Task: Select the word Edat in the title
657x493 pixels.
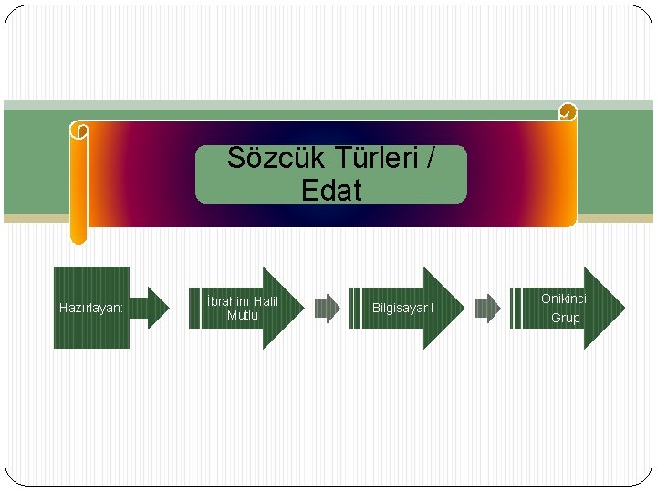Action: [330, 191]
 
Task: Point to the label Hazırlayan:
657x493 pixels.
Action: [91, 309]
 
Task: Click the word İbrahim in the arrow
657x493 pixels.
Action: [229, 301]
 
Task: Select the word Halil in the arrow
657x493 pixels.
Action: [266, 301]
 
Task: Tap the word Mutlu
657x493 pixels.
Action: [243, 316]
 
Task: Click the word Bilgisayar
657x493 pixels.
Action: [399, 309]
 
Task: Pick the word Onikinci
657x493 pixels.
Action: [564, 299]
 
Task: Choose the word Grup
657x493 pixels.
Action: [565, 318]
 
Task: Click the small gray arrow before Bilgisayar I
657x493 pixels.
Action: [326, 309]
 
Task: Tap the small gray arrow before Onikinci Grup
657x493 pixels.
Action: [487, 309]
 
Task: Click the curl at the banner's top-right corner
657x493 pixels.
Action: [568, 112]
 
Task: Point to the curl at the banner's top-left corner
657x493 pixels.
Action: [79, 131]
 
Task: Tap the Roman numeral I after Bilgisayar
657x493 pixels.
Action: [432, 309]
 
